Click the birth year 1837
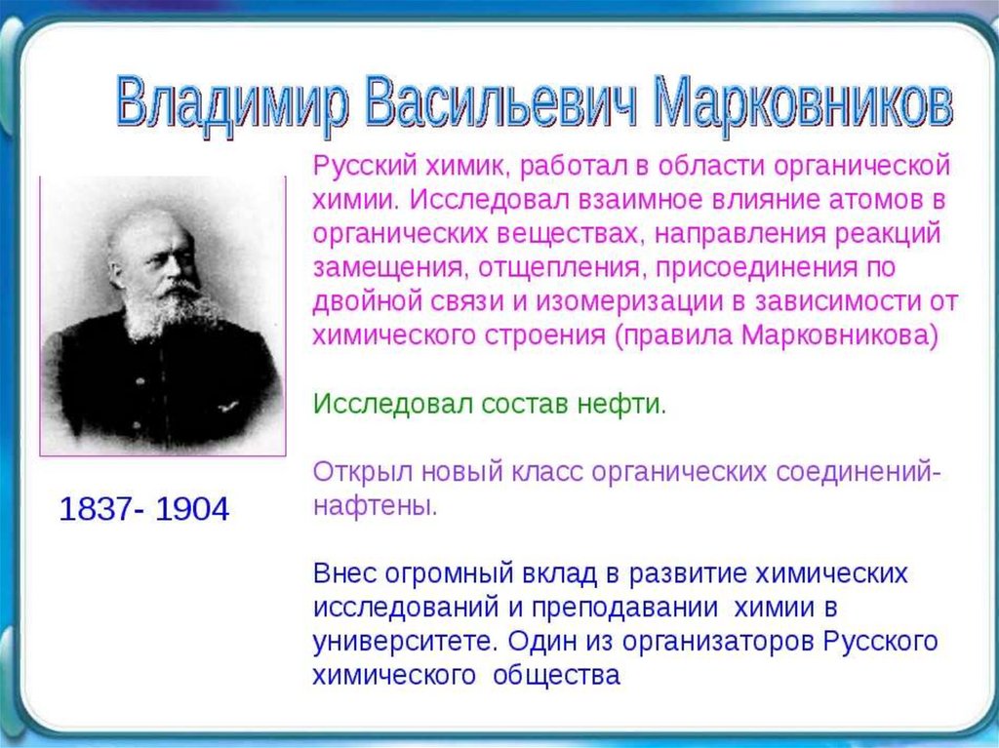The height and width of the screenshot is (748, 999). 96,509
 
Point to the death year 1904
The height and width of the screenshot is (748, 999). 192,509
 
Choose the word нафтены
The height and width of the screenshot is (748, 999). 376,506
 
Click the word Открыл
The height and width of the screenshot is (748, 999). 363,473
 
